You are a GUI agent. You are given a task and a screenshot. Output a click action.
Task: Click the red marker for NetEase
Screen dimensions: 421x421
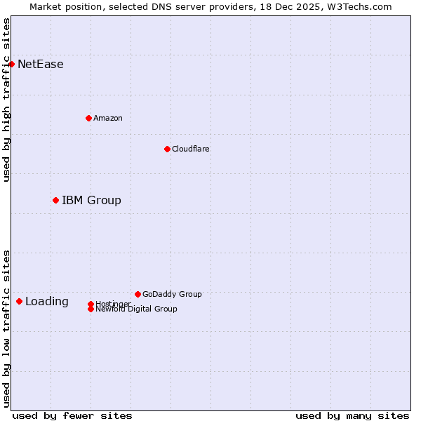pyautogui.click(x=11, y=64)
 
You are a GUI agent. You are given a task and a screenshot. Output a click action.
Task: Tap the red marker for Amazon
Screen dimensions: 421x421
pyautogui.click(x=88, y=118)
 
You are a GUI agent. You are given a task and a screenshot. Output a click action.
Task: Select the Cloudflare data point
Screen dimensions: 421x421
pyautogui.click(x=167, y=149)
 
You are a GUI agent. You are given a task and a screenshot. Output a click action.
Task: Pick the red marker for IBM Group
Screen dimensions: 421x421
pyautogui.click(x=55, y=200)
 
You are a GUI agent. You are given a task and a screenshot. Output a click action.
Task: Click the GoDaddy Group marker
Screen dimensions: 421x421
pyautogui.click(x=138, y=294)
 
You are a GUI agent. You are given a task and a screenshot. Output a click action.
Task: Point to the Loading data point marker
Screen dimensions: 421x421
pyautogui.click(x=19, y=301)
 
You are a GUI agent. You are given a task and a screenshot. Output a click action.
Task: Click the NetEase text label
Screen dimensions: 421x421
pyautogui.click(x=41, y=65)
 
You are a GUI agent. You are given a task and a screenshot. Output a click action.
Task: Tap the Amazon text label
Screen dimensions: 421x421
pyautogui.click(x=108, y=118)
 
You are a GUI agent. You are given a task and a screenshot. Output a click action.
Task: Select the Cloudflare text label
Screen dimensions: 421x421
pyautogui.click(x=191, y=149)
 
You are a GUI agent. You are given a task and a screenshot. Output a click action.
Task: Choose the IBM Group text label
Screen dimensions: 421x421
pyautogui.click(x=91, y=201)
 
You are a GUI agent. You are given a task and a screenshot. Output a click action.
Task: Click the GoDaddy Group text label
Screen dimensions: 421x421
pyautogui.click(x=172, y=294)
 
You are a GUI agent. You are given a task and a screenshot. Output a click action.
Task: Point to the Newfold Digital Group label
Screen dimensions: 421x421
pyautogui.click(x=136, y=309)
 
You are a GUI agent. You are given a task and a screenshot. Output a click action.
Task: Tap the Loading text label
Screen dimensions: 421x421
pyautogui.click(x=47, y=302)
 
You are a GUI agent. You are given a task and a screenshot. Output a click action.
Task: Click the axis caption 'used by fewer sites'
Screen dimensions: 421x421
pyautogui.click(x=72, y=415)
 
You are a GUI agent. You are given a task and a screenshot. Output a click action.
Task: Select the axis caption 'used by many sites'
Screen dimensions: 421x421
pyautogui.click(x=352, y=415)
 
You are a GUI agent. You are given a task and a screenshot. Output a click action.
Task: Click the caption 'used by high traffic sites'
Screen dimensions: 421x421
pyautogui.click(x=6, y=100)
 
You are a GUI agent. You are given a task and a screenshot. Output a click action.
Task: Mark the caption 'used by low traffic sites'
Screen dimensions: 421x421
pyautogui.click(x=6, y=328)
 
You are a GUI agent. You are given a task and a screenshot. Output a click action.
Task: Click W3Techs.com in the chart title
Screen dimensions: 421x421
pyautogui.click(x=361, y=6)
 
